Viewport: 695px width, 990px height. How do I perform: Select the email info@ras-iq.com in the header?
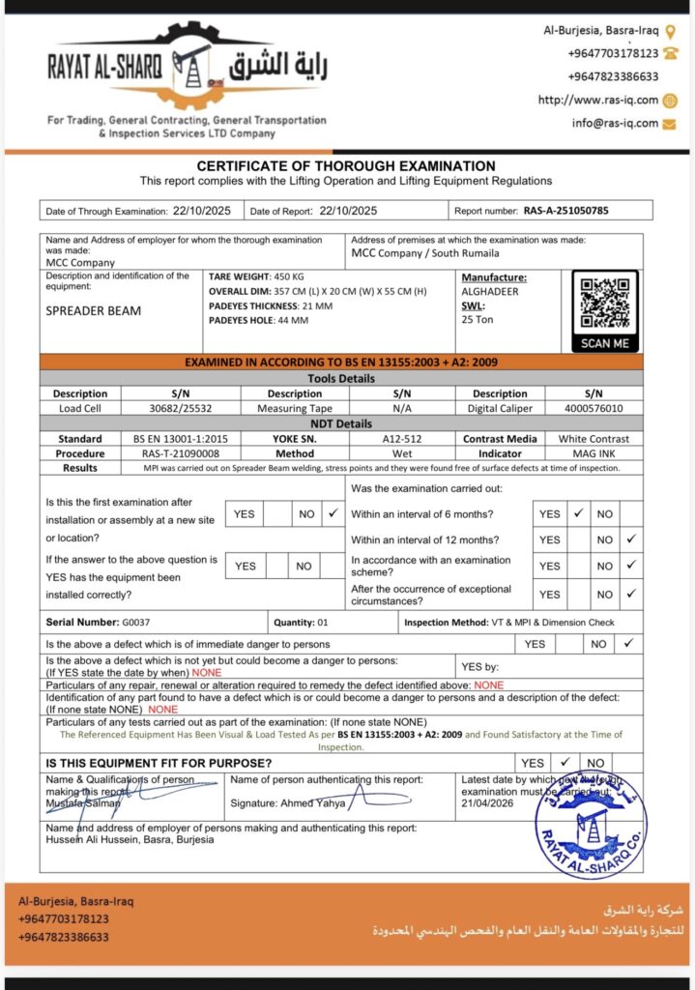coord(614,123)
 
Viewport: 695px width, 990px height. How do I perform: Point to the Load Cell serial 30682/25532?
coord(181,408)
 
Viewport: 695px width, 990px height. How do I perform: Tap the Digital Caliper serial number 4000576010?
coord(594,408)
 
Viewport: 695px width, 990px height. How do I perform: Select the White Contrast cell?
coord(594,438)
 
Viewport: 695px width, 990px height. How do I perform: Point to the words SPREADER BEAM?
coord(94,311)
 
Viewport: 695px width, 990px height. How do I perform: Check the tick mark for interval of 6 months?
coord(579,513)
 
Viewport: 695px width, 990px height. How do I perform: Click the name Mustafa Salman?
coord(83,803)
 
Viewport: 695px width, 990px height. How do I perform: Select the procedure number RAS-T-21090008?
coord(181,452)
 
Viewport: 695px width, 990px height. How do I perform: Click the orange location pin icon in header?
coord(671,31)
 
